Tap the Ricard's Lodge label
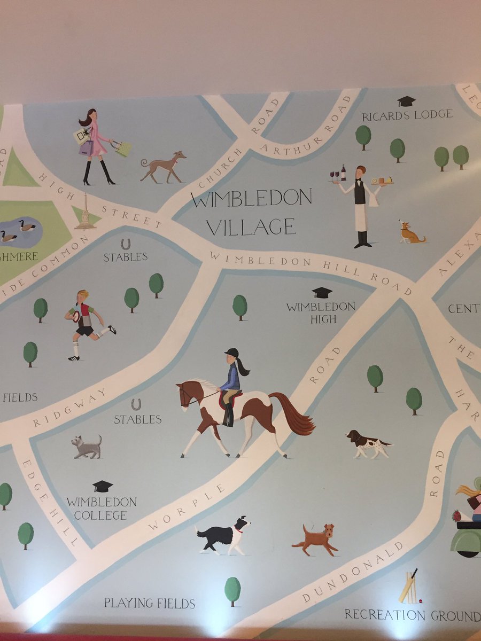407,115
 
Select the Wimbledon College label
102,509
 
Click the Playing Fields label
150,604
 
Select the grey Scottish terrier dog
87,447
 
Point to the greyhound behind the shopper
163,166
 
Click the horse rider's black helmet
231,353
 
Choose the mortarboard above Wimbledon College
103,486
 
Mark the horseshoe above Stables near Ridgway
136,404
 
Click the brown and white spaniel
367,443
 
